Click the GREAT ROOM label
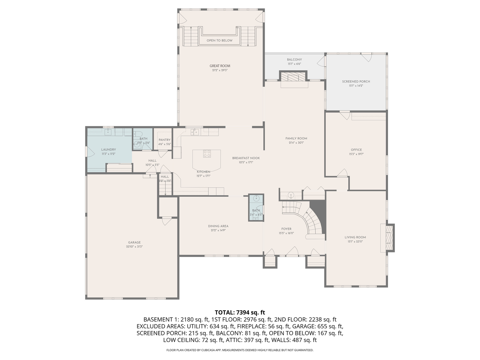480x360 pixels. pos(220,66)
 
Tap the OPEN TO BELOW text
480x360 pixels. pos(219,41)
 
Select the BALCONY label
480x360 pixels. pos(294,60)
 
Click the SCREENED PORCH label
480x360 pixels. pos(356,82)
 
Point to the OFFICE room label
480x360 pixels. pos(356,150)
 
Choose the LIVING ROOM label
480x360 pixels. pos(355,237)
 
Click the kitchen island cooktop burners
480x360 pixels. pos(207,154)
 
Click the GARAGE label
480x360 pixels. pos(134,243)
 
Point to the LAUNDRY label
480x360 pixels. pos(109,150)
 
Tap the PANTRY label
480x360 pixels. pos(164,140)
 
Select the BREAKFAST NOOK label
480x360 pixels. pos(246,158)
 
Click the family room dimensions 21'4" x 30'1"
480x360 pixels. pos(296,143)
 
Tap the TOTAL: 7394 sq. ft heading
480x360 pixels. pos(240,312)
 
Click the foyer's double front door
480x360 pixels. pos(293,252)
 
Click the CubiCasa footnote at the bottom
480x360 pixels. pos(240,350)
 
